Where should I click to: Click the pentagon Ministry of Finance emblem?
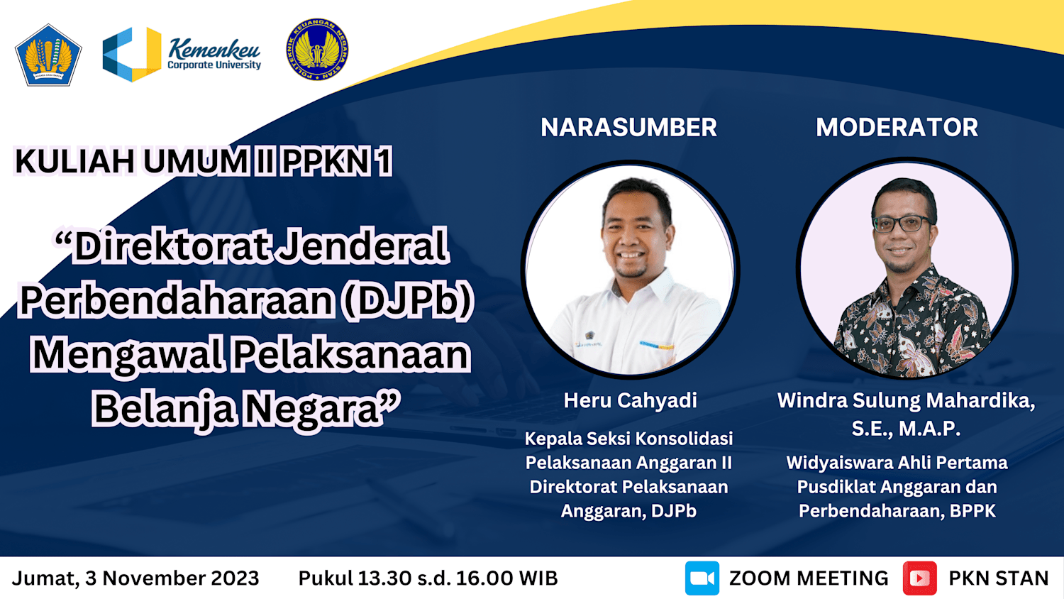click(x=48, y=55)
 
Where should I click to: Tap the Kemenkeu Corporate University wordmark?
click(x=214, y=54)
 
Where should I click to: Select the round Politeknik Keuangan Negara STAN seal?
click(x=317, y=50)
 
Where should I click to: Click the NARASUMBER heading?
click(x=628, y=128)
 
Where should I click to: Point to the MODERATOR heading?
click(x=897, y=128)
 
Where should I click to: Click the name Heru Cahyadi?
click(x=630, y=400)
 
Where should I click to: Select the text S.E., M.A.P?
click(x=906, y=429)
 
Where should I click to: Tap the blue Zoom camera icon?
click(x=702, y=578)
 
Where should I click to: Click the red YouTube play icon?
click(x=919, y=578)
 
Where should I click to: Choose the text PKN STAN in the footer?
click(x=999, y=578)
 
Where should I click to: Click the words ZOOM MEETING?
click(x=809, y=578)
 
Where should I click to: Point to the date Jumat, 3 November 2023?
click(x=135, y=578)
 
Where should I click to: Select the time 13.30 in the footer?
click(x=384, y=578)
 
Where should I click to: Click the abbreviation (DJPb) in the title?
click(x=408, y=300)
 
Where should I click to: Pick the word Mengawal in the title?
click(x=127, y=356)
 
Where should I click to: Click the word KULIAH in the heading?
click(x=74, y=161)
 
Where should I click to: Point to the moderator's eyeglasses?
click(x=901, y=223)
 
